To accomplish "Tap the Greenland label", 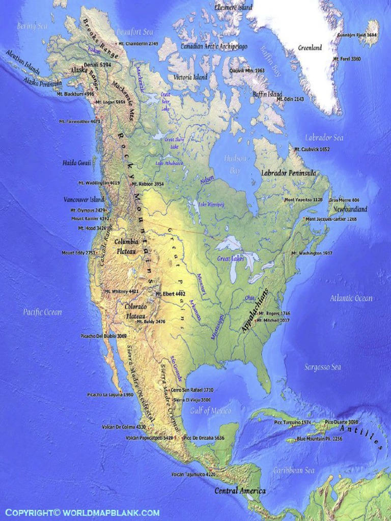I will [x=310, y=48].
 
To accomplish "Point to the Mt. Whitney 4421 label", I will [x=121, y=292].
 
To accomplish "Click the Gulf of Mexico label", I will [x=211, y=410].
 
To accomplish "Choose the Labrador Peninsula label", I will [x=288, y=173].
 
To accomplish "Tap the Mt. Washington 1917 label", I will [x=312, y=253].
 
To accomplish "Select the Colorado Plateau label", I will [x=136, y=311].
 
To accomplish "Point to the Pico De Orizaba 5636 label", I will [x=204, y=438].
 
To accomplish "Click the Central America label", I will [x=240, y=491].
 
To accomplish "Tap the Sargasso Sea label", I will [x=323, y=367].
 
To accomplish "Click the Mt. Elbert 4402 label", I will [x=170, y=294].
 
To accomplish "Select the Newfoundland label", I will [x=350, y=209].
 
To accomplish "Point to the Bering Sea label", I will [x=32, y=25].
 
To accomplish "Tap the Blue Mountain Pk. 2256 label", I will [x=320, y=439].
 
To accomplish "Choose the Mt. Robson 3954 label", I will [x=148, y=184].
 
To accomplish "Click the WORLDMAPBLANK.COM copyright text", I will [x=82, y=512].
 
